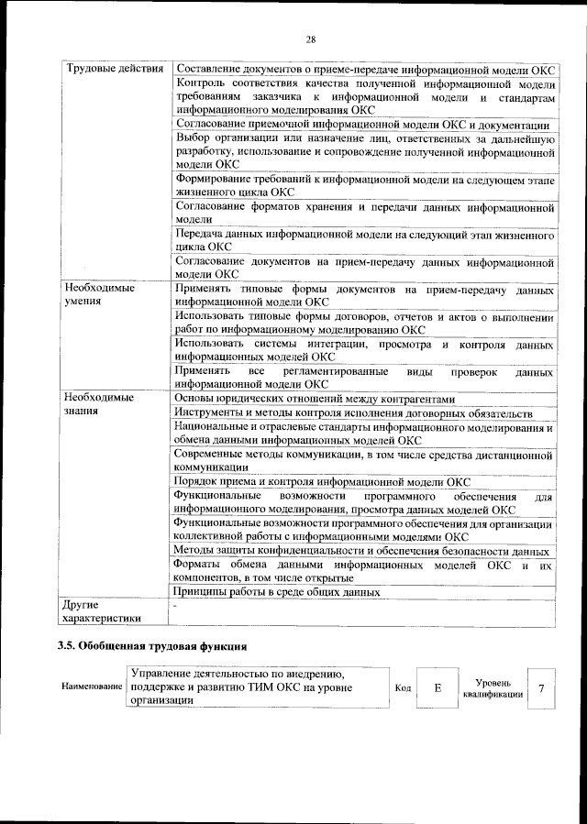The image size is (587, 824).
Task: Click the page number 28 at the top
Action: [310, 38]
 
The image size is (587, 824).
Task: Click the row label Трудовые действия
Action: [114, 70]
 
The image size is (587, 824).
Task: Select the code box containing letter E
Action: [438, 687]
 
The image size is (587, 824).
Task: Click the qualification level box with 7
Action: [541, 687]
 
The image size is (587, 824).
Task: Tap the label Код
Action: [403, 687]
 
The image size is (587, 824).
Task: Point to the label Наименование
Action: [92, 687]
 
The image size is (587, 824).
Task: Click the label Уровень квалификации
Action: [499, 688]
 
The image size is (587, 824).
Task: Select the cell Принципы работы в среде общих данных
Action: [277, 592]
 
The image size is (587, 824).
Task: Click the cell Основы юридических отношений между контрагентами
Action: [314, 399]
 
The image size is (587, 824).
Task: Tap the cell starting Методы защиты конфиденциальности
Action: [361, 551]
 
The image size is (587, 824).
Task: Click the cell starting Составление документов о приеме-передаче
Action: [364, 70]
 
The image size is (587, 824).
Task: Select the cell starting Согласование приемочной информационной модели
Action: [361, 125]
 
